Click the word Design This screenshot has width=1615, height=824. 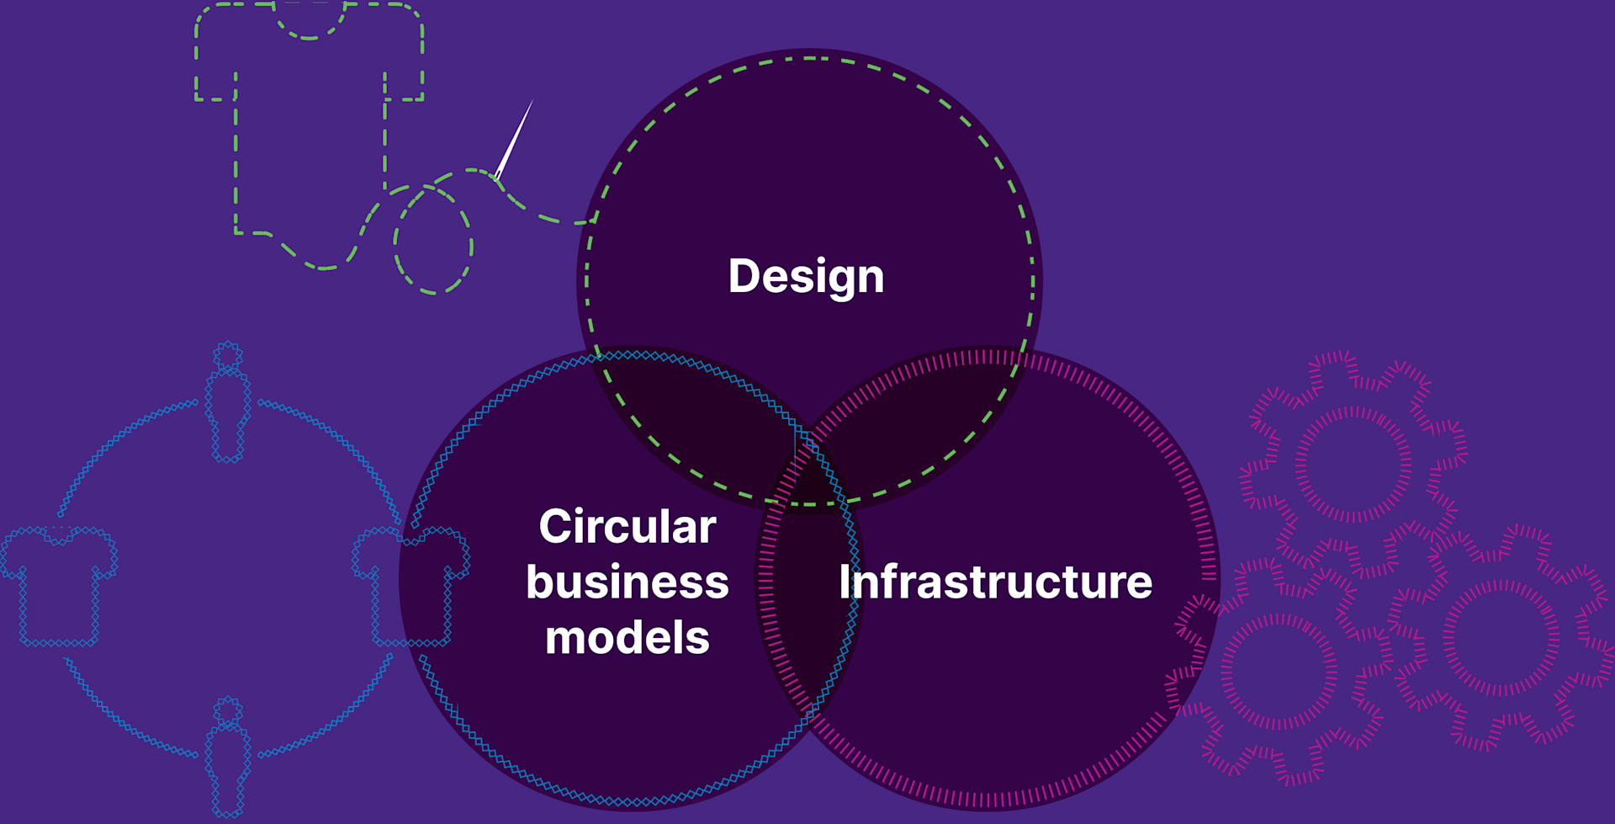(x=806, y=277)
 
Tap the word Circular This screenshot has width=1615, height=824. (x=627, y=527)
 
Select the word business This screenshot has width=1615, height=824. (x=627, y=582)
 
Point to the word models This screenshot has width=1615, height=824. (x=627, y=638)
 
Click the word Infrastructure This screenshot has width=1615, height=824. (x=995, y=582)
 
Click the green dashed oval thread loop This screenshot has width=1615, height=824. (x=433, y=240)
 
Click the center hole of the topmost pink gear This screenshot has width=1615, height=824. (x=1353, y=464)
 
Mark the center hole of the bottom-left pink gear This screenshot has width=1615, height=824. (x=1279, y=672)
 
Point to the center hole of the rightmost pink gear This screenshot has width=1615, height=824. (x=1501, y=638)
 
